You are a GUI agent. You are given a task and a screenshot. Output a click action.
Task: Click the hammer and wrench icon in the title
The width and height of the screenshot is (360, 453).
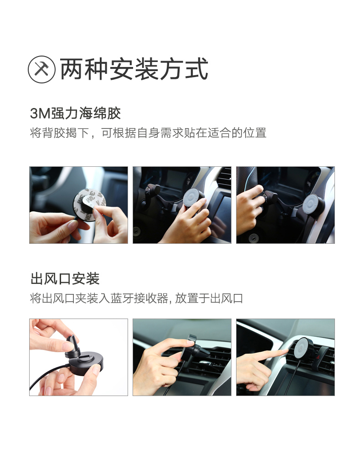[42, 70]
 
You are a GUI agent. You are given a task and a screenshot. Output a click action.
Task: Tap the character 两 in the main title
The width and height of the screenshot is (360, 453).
[72, 70]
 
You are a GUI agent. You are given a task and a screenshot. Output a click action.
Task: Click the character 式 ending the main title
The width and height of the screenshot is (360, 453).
[196, 70]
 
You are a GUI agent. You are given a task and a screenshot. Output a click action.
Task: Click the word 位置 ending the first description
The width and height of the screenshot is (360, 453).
[256, 134]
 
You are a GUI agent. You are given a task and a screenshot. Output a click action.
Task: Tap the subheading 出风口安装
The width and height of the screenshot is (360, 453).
[65, 278]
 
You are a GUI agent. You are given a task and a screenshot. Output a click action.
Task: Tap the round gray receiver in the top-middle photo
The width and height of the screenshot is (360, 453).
[193, 197]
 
